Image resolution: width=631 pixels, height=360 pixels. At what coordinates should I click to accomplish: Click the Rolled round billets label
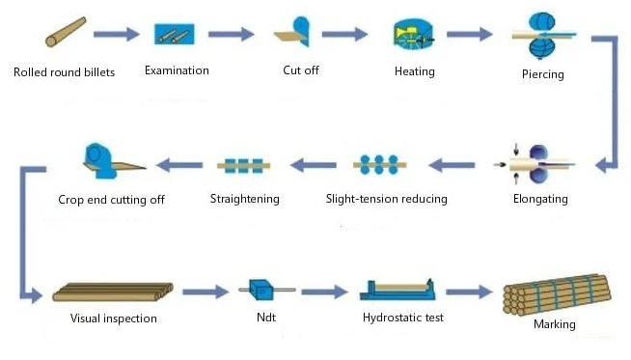(65, 72)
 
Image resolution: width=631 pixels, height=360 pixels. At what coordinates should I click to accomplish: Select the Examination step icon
(176, 35)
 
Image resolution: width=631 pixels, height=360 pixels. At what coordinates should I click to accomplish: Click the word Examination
(177, 69)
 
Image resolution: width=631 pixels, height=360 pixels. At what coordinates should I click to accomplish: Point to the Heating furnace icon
(412, 35)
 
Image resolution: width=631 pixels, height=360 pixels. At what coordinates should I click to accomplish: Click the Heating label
(415, 71)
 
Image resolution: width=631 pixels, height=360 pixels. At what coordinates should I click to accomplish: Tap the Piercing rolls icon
(539, 37)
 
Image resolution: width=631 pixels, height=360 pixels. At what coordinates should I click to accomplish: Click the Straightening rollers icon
(244, 165)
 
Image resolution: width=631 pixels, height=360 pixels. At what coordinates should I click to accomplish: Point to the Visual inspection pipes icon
(112, 291)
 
